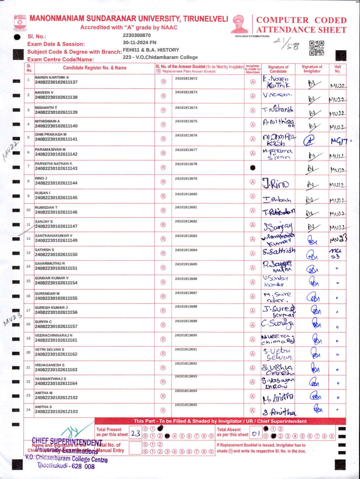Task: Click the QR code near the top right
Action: tap(317, 48)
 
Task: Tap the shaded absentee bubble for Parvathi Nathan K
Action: tap(253, 168)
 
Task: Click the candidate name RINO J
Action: tap(41, 178)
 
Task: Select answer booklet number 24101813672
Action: tap(186, 78)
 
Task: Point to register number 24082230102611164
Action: tap(56, 383)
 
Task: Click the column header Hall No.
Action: tap(338, 69)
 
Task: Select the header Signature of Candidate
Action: tap(278, 69)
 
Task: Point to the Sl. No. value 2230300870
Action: tap(137, 35)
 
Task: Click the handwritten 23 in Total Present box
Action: tap(135, 434)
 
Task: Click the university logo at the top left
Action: tap(20, 23)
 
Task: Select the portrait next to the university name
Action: tap(240, 24)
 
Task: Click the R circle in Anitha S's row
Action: tap(163, 410)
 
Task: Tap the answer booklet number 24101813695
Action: tap(186, 405)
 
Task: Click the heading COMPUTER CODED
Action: tap(301, 20)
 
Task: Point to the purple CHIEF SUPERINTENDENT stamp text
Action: tap(67, 442)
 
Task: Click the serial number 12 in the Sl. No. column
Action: tap(29, 238)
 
